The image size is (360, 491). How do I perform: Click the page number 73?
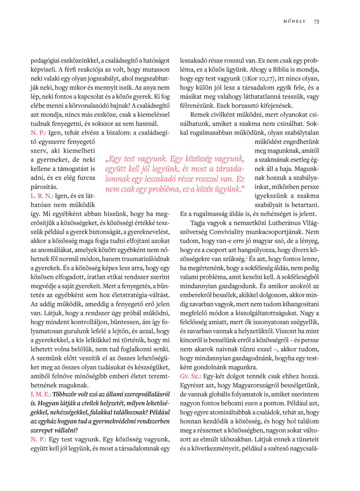coord(316,22)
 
